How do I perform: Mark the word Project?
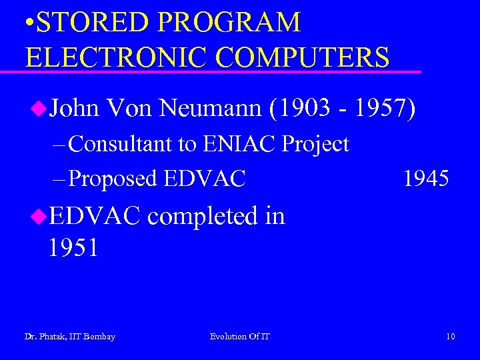pyautogui.click(x=316, y=143)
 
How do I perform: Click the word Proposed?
pyautogui.click(x=113, y=178)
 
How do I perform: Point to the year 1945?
pyautogui.click(x=427, y=178)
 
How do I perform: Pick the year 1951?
pyautogui.click(x=73, y=248)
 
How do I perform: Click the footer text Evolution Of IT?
pyautogui.click(x=240, y=337)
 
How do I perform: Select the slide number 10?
pyautogui.click(x=451, y=337)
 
